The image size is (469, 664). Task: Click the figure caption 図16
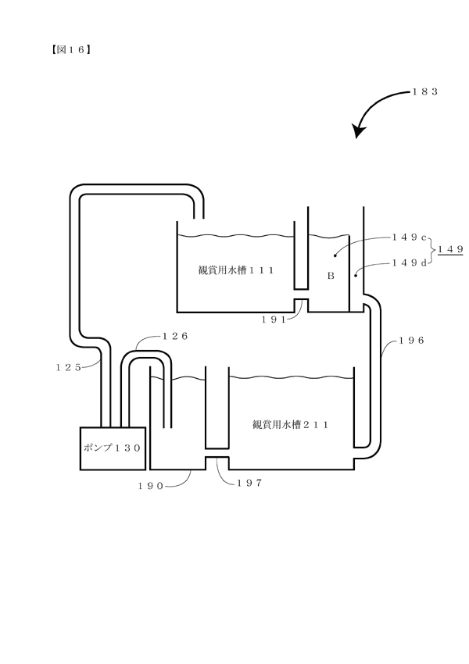tap(71, 50)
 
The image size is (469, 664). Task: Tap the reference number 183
tap(425, 91)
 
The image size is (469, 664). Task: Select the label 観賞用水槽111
tap(236, 270)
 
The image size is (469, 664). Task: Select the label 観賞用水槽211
tap(290, 424)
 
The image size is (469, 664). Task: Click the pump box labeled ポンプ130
tap(113, 448)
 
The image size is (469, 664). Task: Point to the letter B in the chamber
tap(331, 276)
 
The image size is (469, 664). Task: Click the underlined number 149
tap(451, 249)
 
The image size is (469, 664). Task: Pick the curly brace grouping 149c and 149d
tap(432, 250)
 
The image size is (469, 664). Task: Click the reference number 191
tap(274, 320)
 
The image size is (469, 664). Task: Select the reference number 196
tap(411, 341)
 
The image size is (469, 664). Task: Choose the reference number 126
tap(175, 336)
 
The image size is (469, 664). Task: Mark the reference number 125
tap(68, 368)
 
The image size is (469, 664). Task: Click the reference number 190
tap(150, 486)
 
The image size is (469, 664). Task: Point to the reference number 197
tap(250, 483)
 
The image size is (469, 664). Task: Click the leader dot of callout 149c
tap(335, 255)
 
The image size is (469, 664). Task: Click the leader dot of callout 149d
tap(356, 275)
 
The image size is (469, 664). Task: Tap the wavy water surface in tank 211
tap(291, 377)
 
